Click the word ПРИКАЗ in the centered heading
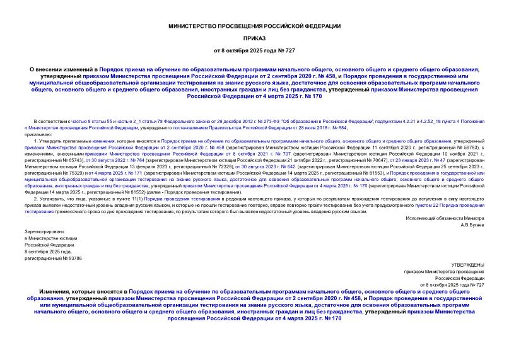click(254, 37)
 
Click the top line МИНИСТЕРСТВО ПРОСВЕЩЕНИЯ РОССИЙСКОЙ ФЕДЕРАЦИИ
click(254, 25)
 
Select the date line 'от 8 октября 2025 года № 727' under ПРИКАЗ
click(254, 49)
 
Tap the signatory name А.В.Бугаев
click(471, 224)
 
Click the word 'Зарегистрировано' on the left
click(40, 231)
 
